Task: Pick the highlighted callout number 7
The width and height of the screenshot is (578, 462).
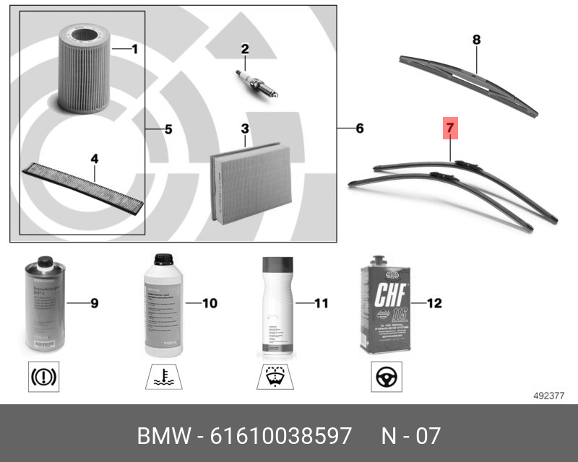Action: click(449, 129)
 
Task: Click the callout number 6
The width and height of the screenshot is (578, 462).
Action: click(359, 129)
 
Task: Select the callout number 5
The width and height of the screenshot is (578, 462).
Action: click(168, 130)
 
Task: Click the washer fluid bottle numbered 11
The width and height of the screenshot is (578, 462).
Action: click(275, 307)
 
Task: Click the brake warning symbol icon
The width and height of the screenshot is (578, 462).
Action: click(45, 377)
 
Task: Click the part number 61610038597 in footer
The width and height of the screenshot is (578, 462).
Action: click(280, 436)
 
